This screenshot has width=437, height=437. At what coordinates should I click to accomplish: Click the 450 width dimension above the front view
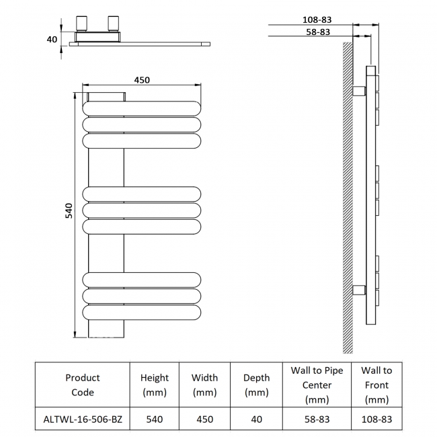[141, 80]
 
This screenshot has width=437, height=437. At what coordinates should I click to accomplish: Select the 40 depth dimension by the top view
[52, 40]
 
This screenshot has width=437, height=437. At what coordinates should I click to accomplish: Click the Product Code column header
[83, 385]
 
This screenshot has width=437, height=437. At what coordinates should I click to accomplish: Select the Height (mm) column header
[155, 385]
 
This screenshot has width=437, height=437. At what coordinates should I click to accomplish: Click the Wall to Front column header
[376, 385]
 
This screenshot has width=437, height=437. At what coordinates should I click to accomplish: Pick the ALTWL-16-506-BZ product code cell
[83, 419]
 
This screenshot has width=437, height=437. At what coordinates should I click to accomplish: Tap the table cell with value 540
[155, 419]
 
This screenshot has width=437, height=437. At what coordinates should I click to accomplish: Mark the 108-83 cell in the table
[376, 419]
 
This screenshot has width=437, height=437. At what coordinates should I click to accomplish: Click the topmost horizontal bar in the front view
[141, 108]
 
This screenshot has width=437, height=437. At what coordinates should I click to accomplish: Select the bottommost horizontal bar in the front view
[141, 313]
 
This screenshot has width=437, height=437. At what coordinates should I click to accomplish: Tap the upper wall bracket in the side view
[359, 90]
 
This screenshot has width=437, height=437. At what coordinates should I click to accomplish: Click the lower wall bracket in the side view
[359, 291]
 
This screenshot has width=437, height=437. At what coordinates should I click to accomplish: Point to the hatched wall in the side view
[348, 202]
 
